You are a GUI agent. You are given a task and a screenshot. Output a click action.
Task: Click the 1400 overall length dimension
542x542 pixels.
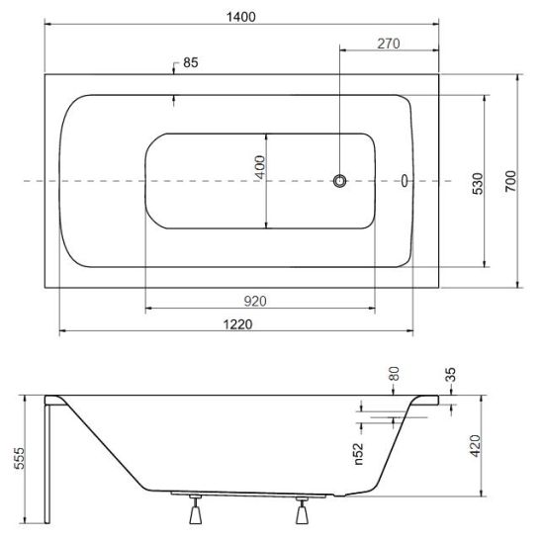(x=241, y=17)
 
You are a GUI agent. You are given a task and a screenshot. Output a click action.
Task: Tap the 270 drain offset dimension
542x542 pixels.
(x=389, y=44)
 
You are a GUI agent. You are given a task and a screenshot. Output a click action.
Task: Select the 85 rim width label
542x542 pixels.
(x=191, y=62)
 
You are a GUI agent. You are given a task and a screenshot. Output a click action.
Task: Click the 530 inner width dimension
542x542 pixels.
(x=478, y=184)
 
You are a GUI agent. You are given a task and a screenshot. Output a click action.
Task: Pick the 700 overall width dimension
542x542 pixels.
(x=510, y=181)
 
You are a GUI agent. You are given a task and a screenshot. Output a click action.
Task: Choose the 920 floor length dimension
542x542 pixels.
(x=255, y=302)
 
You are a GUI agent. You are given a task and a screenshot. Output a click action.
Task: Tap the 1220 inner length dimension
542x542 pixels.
(x=237, y=324)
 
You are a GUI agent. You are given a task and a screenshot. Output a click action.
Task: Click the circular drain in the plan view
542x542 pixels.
(x=340, y=181)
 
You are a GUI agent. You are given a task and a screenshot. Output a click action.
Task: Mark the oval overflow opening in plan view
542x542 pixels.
(x=405, y=181)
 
